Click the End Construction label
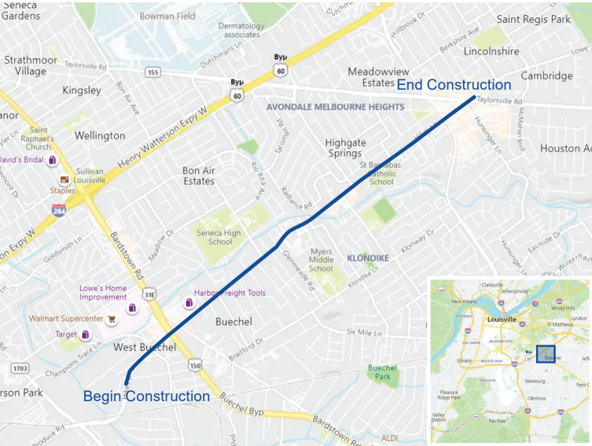[x=454, y=85]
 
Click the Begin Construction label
[x=146, y=396]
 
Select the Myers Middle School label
[x=321, y=260]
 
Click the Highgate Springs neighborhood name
[x=346, y=148]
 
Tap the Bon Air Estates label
[x=198, y=175]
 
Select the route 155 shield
[x=153, y=72]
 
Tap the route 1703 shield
[x=20, y=368]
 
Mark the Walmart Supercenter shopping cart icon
[x=112, y=319]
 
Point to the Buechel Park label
[x=382, y=372]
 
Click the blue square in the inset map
[x=545, y=354]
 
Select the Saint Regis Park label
[x=533, y=19]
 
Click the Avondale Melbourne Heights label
[x=335, y=106]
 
